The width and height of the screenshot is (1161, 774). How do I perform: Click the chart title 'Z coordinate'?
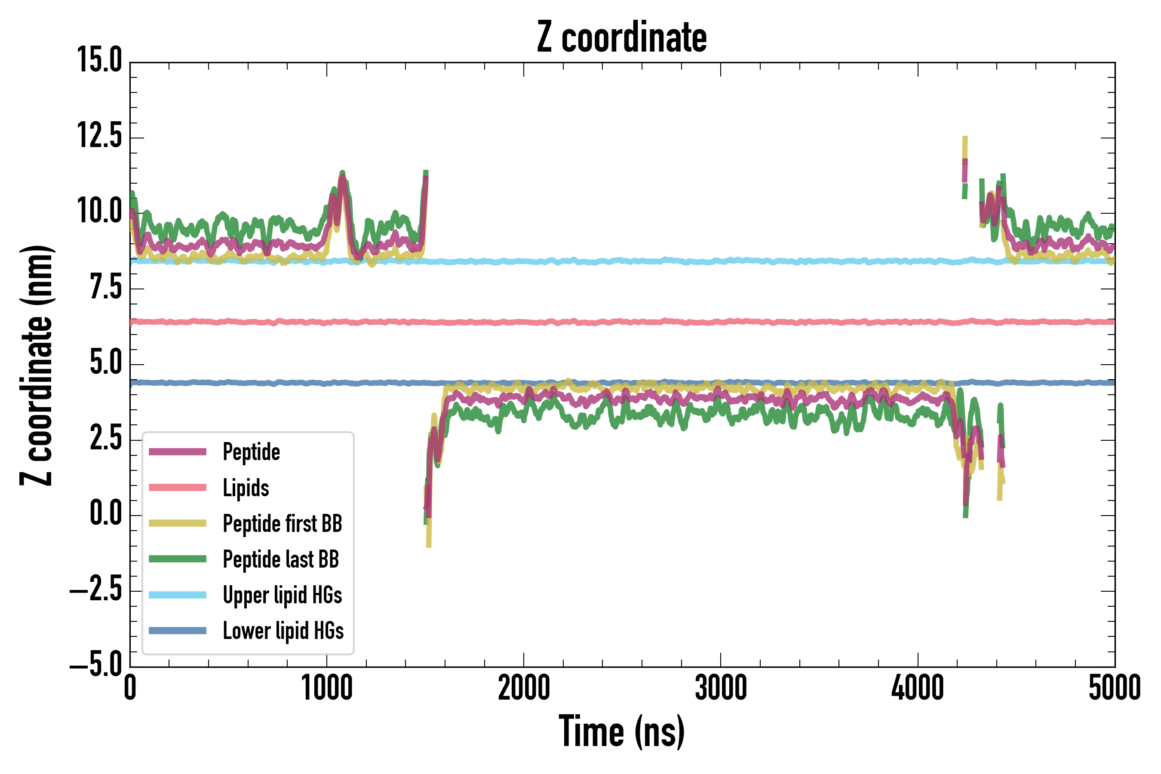[x=621, y=37]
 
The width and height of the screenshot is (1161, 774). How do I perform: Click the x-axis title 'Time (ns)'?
[x=621, y=731]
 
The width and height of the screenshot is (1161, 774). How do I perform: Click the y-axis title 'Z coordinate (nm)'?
[x=37, y=365]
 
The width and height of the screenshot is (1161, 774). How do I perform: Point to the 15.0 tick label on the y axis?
[x=100, y=61]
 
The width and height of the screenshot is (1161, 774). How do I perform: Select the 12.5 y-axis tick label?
[x=100, y=136]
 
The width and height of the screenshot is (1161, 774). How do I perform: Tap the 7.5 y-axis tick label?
[x=106, y=288]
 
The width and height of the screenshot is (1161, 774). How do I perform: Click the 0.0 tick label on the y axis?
[x=106, y=514]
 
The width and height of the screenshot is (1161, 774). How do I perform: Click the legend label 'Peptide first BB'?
[x=283, y=524]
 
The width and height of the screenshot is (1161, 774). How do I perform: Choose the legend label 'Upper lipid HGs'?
[x=283, y=595]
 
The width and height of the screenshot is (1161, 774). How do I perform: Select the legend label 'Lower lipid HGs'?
[x=283, y=631]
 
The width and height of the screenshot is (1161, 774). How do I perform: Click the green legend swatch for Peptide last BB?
[x=178, y=559]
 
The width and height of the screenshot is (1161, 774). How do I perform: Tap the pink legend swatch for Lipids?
[x=178, y=488]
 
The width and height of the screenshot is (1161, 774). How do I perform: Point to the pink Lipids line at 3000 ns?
[x=721, y=322]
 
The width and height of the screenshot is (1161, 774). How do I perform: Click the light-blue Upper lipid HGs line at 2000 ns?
[x=524, y=261]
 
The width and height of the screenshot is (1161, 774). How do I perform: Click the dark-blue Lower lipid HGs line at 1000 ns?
[x=327, y=383]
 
